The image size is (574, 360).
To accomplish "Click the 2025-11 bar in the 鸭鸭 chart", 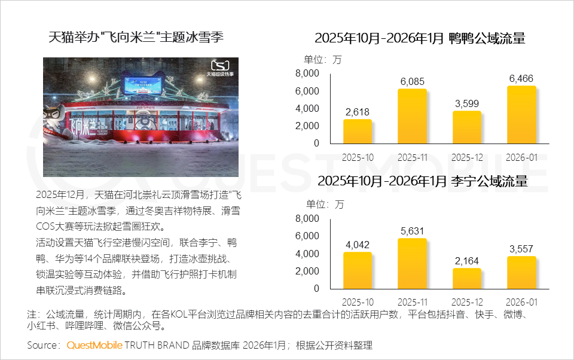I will point(413,116).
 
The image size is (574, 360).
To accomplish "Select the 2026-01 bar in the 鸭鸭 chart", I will point(521,115).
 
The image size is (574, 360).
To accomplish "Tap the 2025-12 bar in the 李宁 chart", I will point(467,278).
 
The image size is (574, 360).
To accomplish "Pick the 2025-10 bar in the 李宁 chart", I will point(358,270).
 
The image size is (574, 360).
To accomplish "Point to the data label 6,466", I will point(521,78).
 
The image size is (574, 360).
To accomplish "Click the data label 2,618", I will point(358,112).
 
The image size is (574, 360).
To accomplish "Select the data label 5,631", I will point(413,231).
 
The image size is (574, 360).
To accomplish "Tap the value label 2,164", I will point(467,261).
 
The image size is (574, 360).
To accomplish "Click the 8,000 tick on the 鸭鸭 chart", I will point(307,73).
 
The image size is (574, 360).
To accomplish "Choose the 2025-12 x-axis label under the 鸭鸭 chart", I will point(467,157).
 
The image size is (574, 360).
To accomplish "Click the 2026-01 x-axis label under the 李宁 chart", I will point(521,303).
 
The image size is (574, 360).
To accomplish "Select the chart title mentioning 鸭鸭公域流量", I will point(420,39).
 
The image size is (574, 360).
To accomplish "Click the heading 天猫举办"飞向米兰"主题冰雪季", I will point(136,37).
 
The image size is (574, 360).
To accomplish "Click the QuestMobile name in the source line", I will point(94,345).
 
